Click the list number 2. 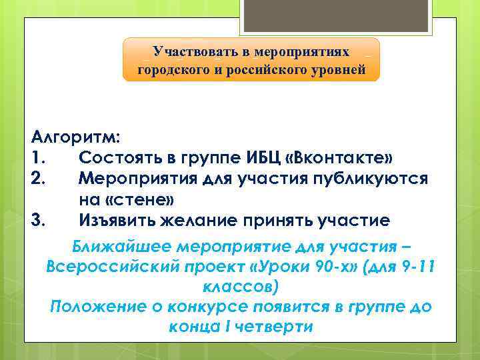click(38, 180)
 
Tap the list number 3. click(38, 220)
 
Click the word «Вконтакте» click(339, 160)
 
